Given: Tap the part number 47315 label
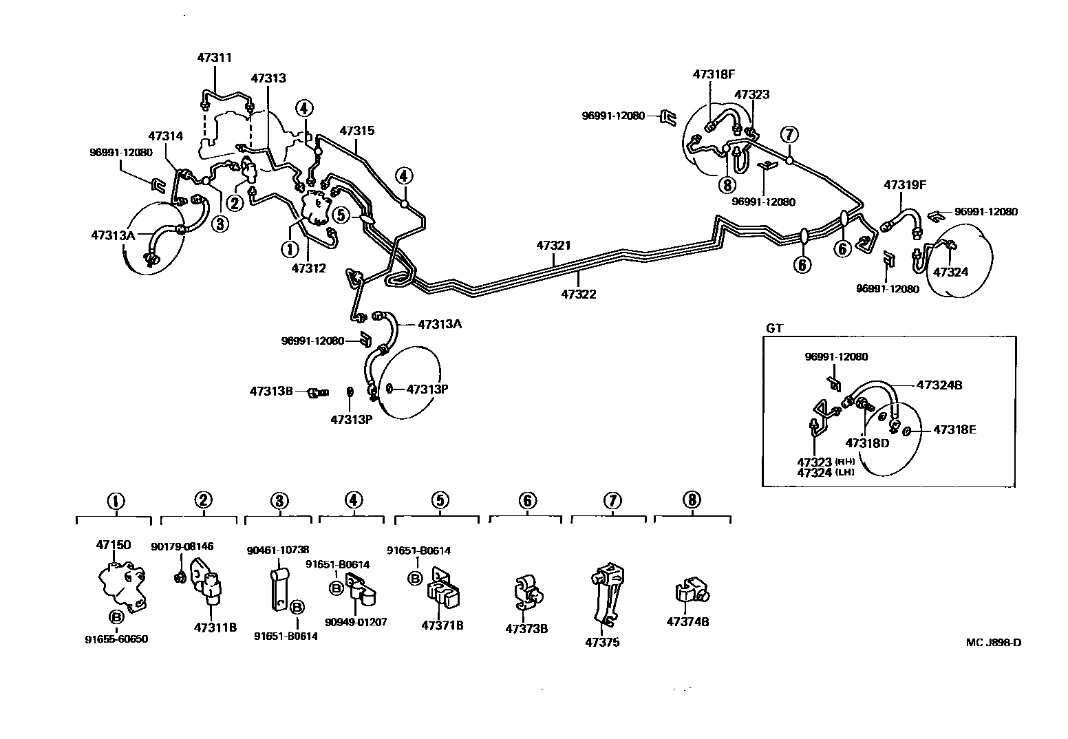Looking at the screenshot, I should (x=356, y=131).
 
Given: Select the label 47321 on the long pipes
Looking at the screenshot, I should (x=554, y=246).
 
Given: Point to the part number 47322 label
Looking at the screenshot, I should (x=578, y=294).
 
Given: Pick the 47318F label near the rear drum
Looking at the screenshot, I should (x=714, y=74).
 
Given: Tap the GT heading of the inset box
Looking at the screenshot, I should (x=774, y=328).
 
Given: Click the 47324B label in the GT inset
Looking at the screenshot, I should (x=939, y=385).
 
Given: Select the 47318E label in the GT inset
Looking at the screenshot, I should (x=954, y=430).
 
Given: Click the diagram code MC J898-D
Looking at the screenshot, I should (x=993, y=643).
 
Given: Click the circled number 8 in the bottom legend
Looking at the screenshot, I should (x=692, y=500).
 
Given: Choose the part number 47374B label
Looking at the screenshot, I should (x=687, y=622).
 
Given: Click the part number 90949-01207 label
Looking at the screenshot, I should (x=356, y=622).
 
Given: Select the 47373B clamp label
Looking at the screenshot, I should (x=526, y=628).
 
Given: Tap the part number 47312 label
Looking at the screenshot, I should (x=308, y=268).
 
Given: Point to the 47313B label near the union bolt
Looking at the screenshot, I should (x=271, y=392).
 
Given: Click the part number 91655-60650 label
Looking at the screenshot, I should (x=116, y=639).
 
